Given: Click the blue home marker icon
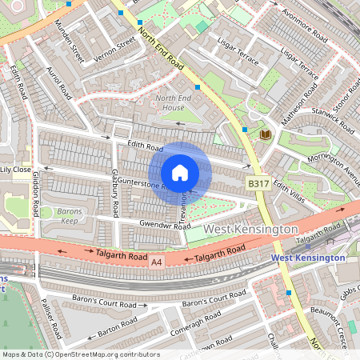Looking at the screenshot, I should [180, 173].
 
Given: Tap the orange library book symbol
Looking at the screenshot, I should [266, 134].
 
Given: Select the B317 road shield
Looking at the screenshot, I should [257, 184].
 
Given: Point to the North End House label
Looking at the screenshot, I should [170, 102].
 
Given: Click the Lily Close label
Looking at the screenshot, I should [16, 170].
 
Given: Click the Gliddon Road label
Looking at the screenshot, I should [36, 196].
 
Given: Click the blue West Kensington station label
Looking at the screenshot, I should [308, 258].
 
